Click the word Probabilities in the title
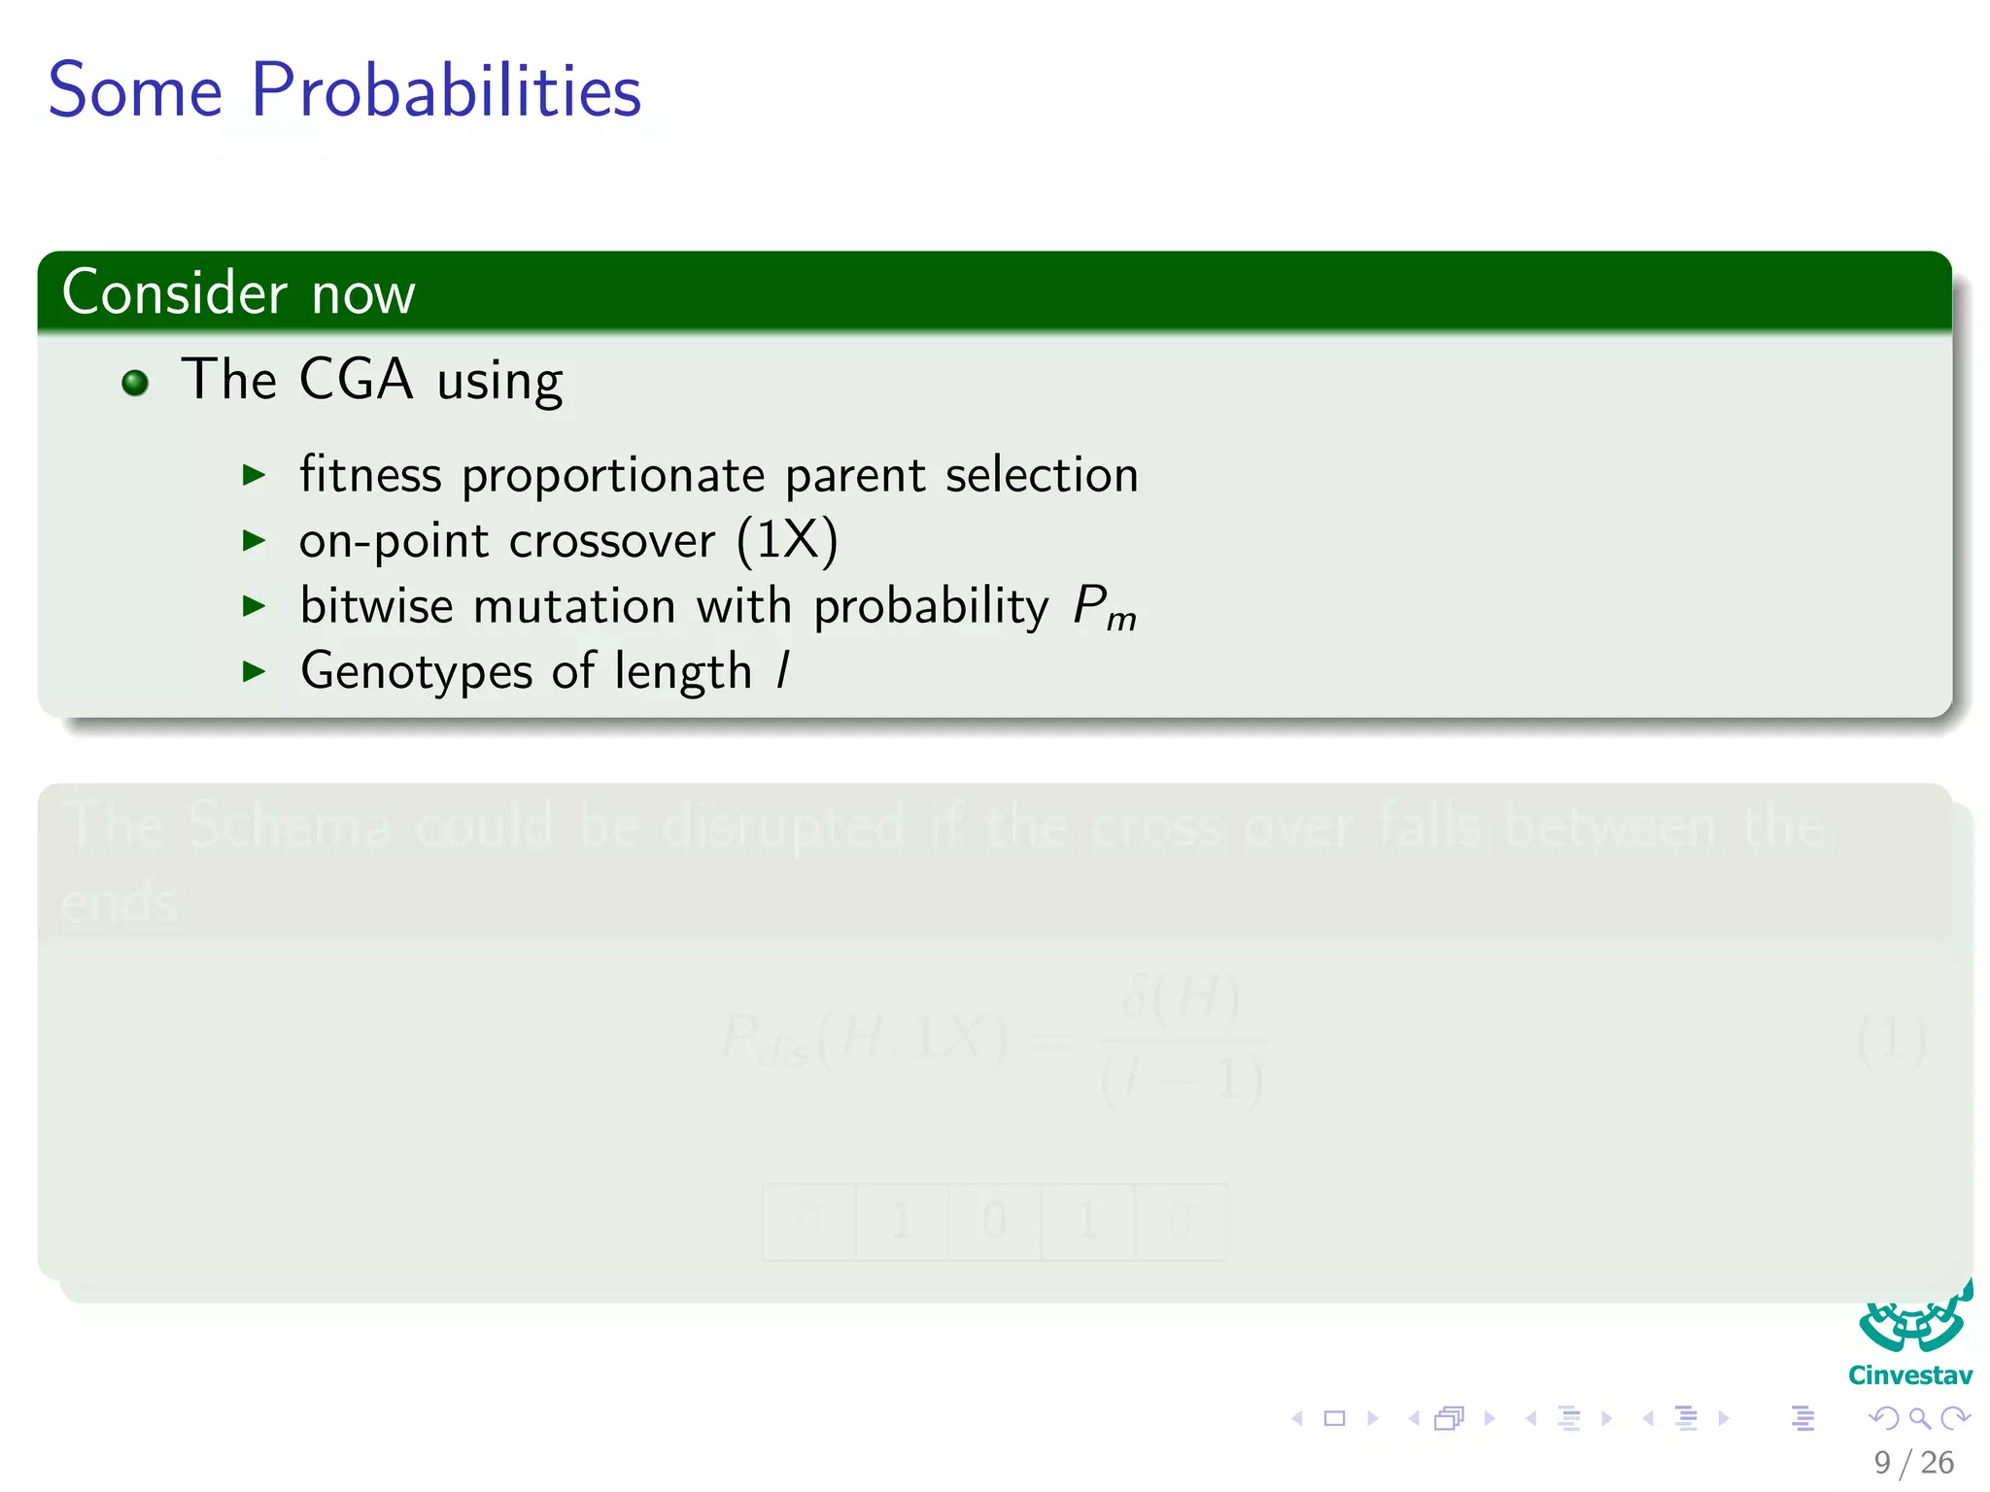pyautogui.click(x=446, y=91)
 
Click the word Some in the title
pyautogui.click(x=135, y=91)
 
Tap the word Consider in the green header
pyautogui.click(x=175, y=292)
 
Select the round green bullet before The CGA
pyautogui.click(x=135, y=383)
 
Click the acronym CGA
pyautogui.click(x=356, y=379)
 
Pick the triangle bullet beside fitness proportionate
pyautogui.click(x=254, y=475)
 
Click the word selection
pyautogui.click(x=1041, y=475)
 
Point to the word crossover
pyautogui.click(x=611, y=541)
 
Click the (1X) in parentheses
pyautogui.click(x=786, y=540)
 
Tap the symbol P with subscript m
pyautogui.click(x=1104, y=608)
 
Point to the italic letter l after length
pyautogui.click(x=783, y=670)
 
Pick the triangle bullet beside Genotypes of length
pyautogui.click(x=254, y=671)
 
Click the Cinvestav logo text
pyautogui.click(x=1909, y=1375)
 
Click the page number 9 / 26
pyautogui.click(x=1913, y=1462)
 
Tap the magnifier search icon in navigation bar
pyautogui.click(x=1919, y=1418)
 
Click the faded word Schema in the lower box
pyautogui.click(x=288, y=827)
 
